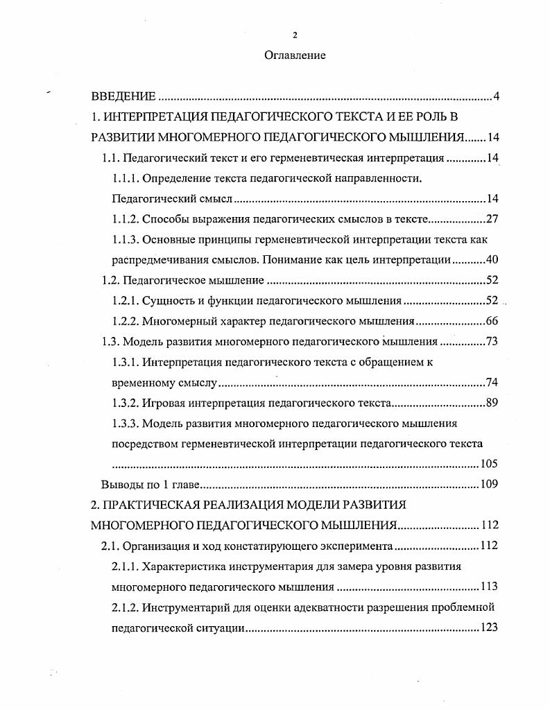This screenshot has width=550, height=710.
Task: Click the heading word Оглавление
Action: [x=295, y=55]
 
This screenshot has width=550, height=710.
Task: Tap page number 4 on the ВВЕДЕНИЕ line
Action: [x=496, y=96]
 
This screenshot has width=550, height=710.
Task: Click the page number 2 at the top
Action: [x=295, y=35]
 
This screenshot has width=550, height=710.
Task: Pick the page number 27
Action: [x=492, y=220]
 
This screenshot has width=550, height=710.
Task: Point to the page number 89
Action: [x=492, y=403]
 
